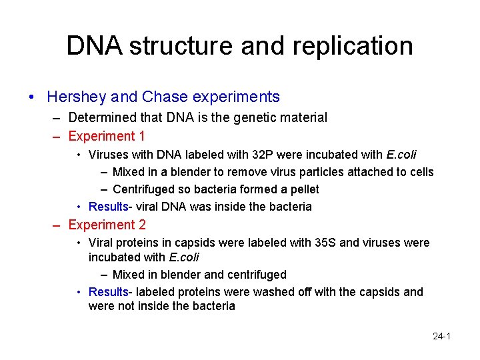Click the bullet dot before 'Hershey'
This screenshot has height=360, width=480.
point(32,97)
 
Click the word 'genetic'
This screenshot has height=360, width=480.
point(257,117)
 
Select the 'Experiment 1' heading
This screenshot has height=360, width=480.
point(107,136)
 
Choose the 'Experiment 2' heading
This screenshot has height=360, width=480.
point(107,225)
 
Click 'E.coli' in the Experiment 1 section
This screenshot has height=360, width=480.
point(401,155)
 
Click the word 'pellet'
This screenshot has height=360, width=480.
point(303,189)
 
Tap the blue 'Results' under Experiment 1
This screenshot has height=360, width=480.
point(108,207)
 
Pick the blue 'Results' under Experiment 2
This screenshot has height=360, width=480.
point(108,292)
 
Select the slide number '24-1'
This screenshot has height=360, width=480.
point(442,336)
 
